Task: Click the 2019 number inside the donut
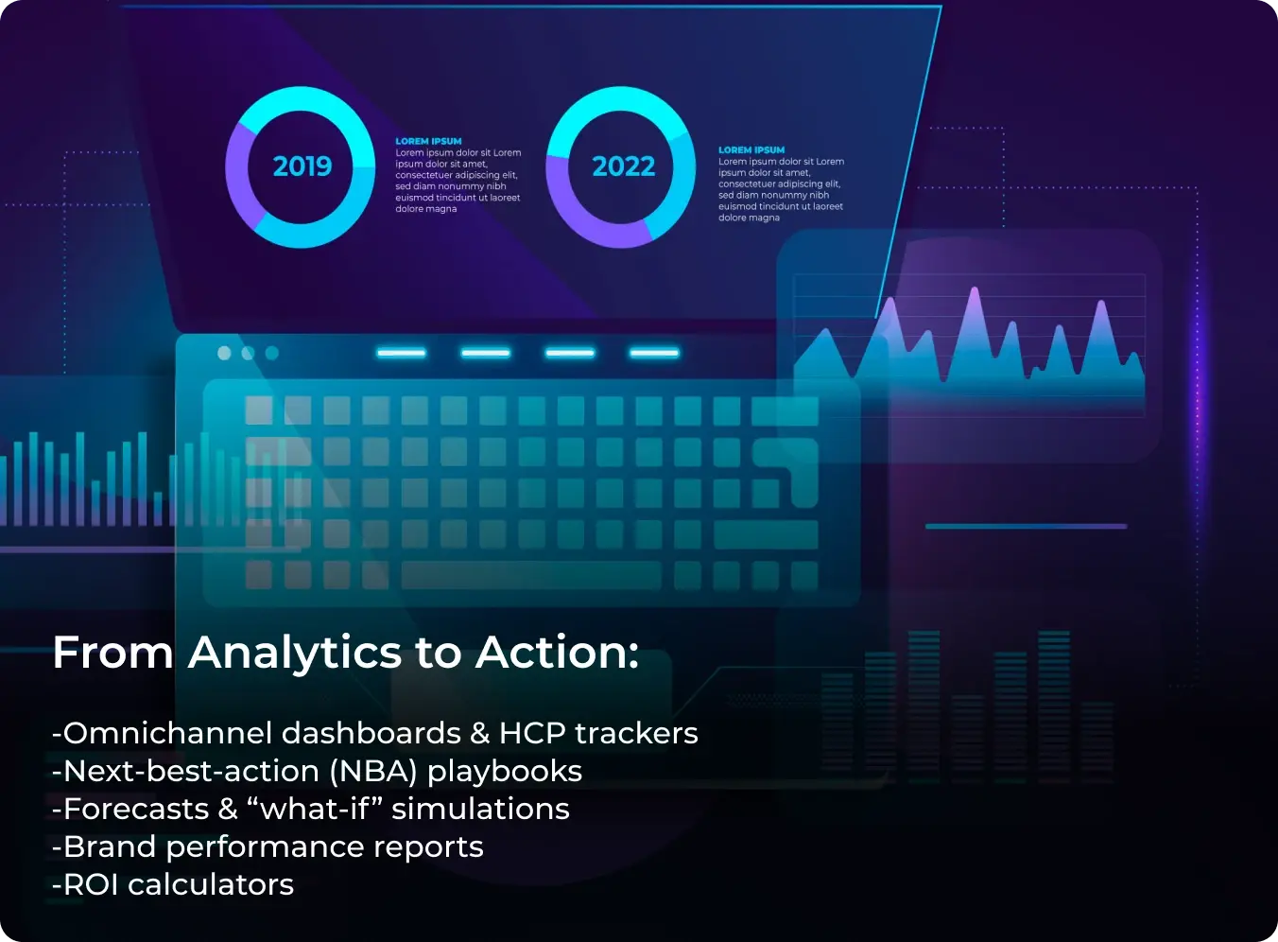pos(302,166)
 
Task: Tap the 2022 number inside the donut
pos(624,166)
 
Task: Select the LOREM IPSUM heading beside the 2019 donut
pos(428,141)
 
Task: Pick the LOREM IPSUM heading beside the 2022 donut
pos(751,150)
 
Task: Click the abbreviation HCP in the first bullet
pos(532,733)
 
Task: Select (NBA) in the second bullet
pos(373,772)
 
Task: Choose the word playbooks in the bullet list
pos(505,772)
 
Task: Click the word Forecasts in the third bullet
pos(136,809)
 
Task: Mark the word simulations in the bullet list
pos(480,809)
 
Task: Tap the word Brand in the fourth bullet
pos(110,846)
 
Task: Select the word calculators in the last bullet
pos(211,885)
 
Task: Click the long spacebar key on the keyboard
pos(531,575)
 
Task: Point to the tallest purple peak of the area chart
pos(975,290)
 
